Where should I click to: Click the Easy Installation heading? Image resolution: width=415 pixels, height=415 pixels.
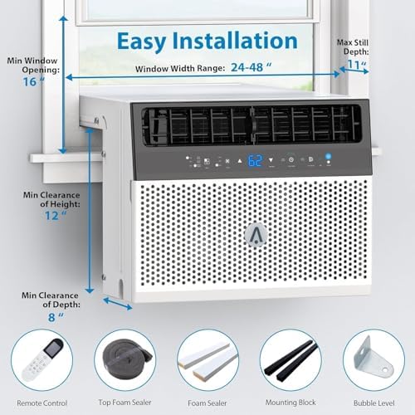tap(208, 41)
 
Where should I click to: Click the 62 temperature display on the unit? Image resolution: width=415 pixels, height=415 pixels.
tap(255, 160)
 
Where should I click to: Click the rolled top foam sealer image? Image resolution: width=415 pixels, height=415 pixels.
tap(124, 359)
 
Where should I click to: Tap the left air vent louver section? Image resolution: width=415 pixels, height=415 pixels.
tap(194, 126)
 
